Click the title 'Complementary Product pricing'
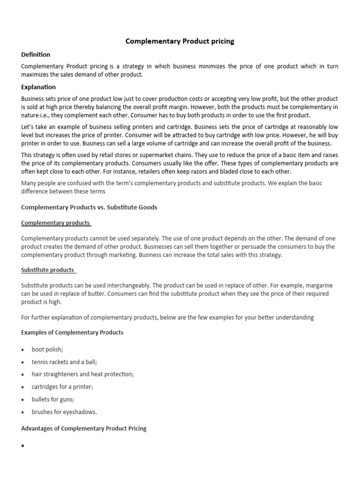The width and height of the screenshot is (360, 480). pyautogui.click(x=180, y=41)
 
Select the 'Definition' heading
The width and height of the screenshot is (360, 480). pyautogui.click(x=36, y=54)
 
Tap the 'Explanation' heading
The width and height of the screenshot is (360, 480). pyautogui.click(x=38, y=87)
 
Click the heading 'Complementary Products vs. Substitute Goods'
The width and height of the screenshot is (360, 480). pyautogui.click(x=89, y=207)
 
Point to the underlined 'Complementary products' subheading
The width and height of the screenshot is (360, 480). pyautogui.click(x=56, y=223)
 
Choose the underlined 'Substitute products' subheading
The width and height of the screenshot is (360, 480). pyautogui.click(x=48, y=270)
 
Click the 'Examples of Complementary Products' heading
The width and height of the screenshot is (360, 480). pyautogui.click(x=72, y=332)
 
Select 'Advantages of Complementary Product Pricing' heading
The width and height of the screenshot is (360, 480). pyautogui.click(x=84, y=428)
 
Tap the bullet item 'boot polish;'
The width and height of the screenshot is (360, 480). pyautogui.click(x=46, y=350)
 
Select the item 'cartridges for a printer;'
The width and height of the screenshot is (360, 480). pyautogui.click(x=62, y=387)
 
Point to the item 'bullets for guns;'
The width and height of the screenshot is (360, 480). pyautogui.click(x=52, y=399)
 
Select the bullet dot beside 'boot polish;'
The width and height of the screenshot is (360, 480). pyautogui.click(x=23, y=350)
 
